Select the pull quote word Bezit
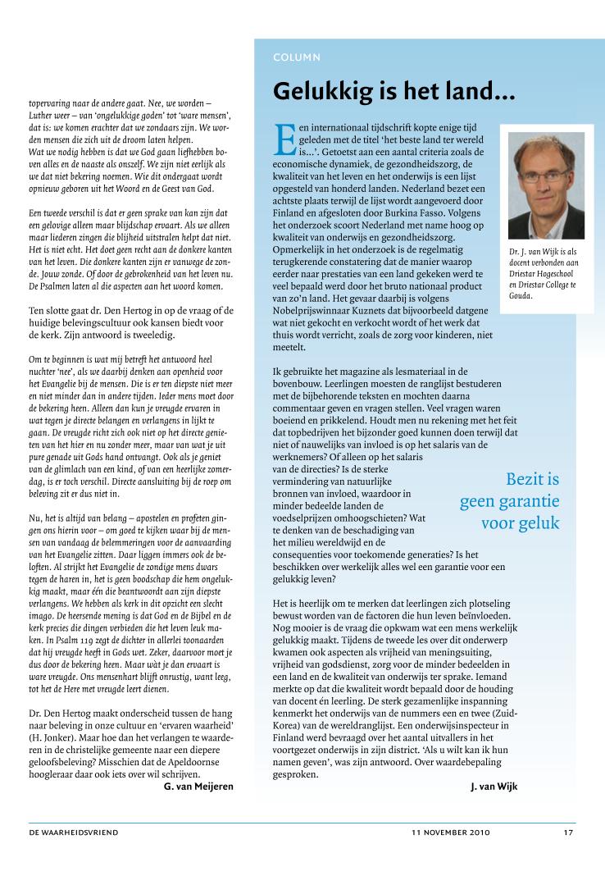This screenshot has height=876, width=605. click(532, 479)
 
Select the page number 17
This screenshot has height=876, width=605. click(568, 833)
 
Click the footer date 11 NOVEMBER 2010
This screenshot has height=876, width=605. click(451, 833)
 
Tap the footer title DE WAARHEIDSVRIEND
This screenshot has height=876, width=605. click(74, 833)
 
